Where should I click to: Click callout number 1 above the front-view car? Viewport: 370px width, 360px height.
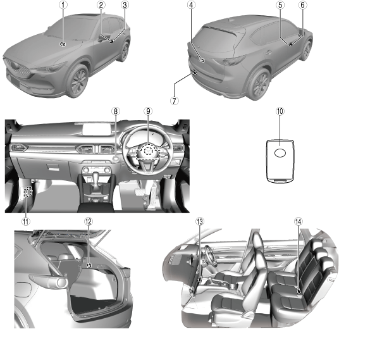click(63, 4)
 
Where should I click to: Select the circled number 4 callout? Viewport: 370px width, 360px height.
click(192, 4)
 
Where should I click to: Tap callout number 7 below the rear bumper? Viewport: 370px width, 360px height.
click(174, 101)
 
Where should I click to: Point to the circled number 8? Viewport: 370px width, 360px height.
click(115, 111)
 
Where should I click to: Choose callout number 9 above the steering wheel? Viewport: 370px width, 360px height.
click(148, 111)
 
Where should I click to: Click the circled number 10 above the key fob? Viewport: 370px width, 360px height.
click(280, 111)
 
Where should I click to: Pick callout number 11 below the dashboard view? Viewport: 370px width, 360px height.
click(26, 221)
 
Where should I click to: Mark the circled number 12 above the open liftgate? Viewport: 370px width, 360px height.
click(89, 221)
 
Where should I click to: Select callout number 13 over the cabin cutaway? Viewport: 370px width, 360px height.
click(200, 221)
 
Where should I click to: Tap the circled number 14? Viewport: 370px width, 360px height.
click(299, 221)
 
